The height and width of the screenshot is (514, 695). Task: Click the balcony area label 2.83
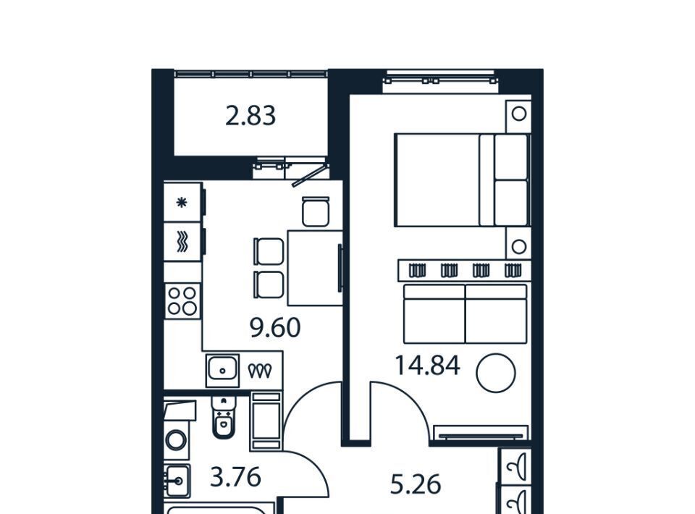pos(250,115)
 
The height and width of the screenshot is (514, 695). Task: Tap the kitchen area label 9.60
pos(275,328)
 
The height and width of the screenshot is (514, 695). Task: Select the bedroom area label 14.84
pos(427,366)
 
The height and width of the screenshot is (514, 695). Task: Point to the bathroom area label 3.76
pos(235,477)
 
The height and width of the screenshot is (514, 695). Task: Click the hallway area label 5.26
pos(416,484)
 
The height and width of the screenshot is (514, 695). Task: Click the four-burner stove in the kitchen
pos(182,301)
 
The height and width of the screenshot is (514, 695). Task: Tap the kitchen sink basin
pos(222,368)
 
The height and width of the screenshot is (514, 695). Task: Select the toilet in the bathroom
pos(224,416)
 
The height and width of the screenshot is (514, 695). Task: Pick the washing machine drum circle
pos(175,441)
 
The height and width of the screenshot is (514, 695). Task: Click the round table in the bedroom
pos(495,373)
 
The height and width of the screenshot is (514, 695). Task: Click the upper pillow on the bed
pos(511,157)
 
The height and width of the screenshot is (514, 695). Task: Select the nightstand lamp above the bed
pos(518,114)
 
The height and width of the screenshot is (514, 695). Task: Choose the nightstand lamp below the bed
pos(518,246)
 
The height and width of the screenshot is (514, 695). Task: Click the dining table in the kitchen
pos(315,268)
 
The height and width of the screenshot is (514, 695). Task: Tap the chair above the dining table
pos(316,212)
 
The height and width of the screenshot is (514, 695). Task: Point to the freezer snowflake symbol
pos(182,203)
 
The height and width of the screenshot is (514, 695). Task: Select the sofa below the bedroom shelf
pos(465,313)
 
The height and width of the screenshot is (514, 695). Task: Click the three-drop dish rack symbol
pos(260,371)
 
